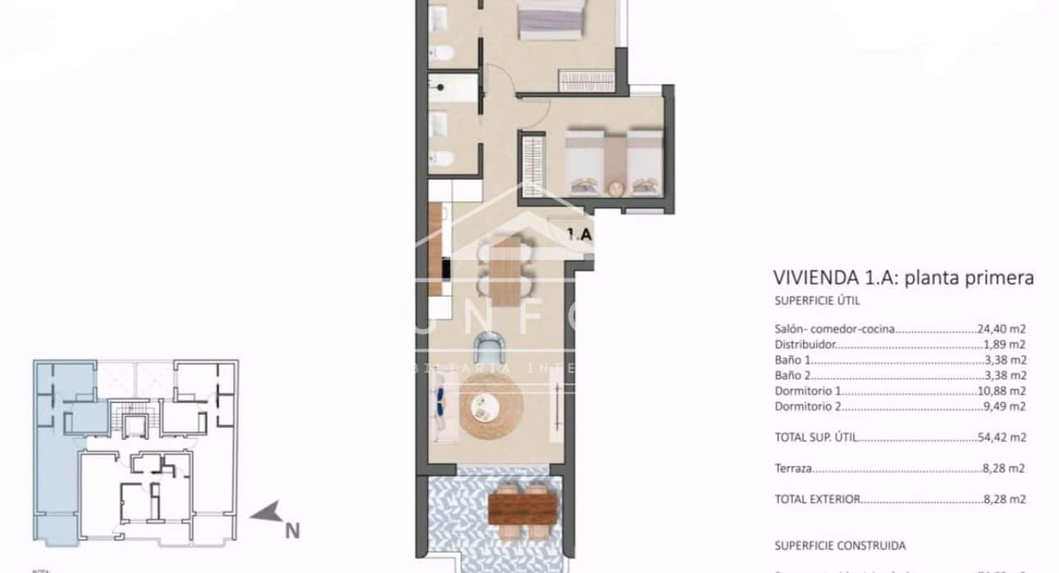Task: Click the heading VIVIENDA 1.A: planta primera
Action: point(903,278)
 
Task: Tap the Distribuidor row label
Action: point(805,345)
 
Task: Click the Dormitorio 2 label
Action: point(809,406)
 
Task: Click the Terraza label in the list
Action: point(793,469)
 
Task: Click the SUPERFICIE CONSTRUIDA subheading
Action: point(840,545)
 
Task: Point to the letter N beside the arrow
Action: point(291,531)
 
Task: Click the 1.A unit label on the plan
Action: point(579,234)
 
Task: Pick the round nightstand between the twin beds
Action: point(615,188)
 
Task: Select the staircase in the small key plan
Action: point(131,424)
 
